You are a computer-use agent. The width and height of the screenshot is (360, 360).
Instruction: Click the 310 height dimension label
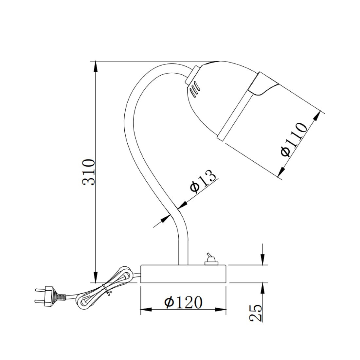89,172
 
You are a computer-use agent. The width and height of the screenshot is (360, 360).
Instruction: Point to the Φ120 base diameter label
183,302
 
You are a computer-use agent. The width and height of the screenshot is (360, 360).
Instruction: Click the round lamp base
183,274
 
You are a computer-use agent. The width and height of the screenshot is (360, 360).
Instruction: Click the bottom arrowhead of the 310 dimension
95,277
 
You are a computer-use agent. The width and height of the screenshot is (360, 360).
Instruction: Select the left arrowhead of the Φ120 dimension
146,309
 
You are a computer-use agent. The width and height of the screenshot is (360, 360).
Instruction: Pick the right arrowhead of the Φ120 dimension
221,309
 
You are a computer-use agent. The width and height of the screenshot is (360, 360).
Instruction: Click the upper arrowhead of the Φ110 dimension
317,116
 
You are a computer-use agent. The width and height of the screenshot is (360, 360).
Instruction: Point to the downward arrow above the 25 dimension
263,259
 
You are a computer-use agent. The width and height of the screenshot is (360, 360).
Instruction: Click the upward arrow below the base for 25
263,288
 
